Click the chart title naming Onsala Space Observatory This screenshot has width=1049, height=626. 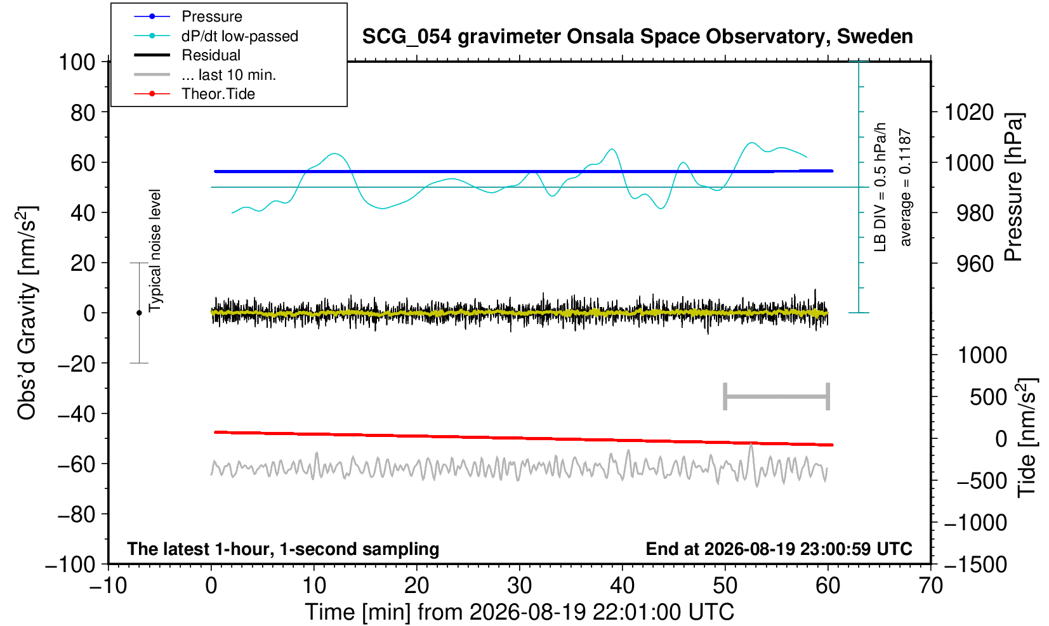point(637,37)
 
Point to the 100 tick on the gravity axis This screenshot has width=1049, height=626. point(77,62)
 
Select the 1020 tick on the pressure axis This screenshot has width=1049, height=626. point(969,112)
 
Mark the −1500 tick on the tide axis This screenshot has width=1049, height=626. point(975,564)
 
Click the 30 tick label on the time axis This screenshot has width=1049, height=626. point(519,586)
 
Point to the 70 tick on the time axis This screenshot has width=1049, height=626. point(930,586)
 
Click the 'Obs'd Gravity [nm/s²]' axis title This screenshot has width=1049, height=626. point(27,313)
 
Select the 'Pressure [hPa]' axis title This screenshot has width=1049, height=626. point(1013,187)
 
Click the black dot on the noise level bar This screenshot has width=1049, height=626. point(139,313)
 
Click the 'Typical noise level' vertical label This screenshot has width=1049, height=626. point(155,251)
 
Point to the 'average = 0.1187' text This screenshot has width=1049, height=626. point(905,187)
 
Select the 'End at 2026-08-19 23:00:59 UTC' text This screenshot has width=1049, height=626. point(779,549)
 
